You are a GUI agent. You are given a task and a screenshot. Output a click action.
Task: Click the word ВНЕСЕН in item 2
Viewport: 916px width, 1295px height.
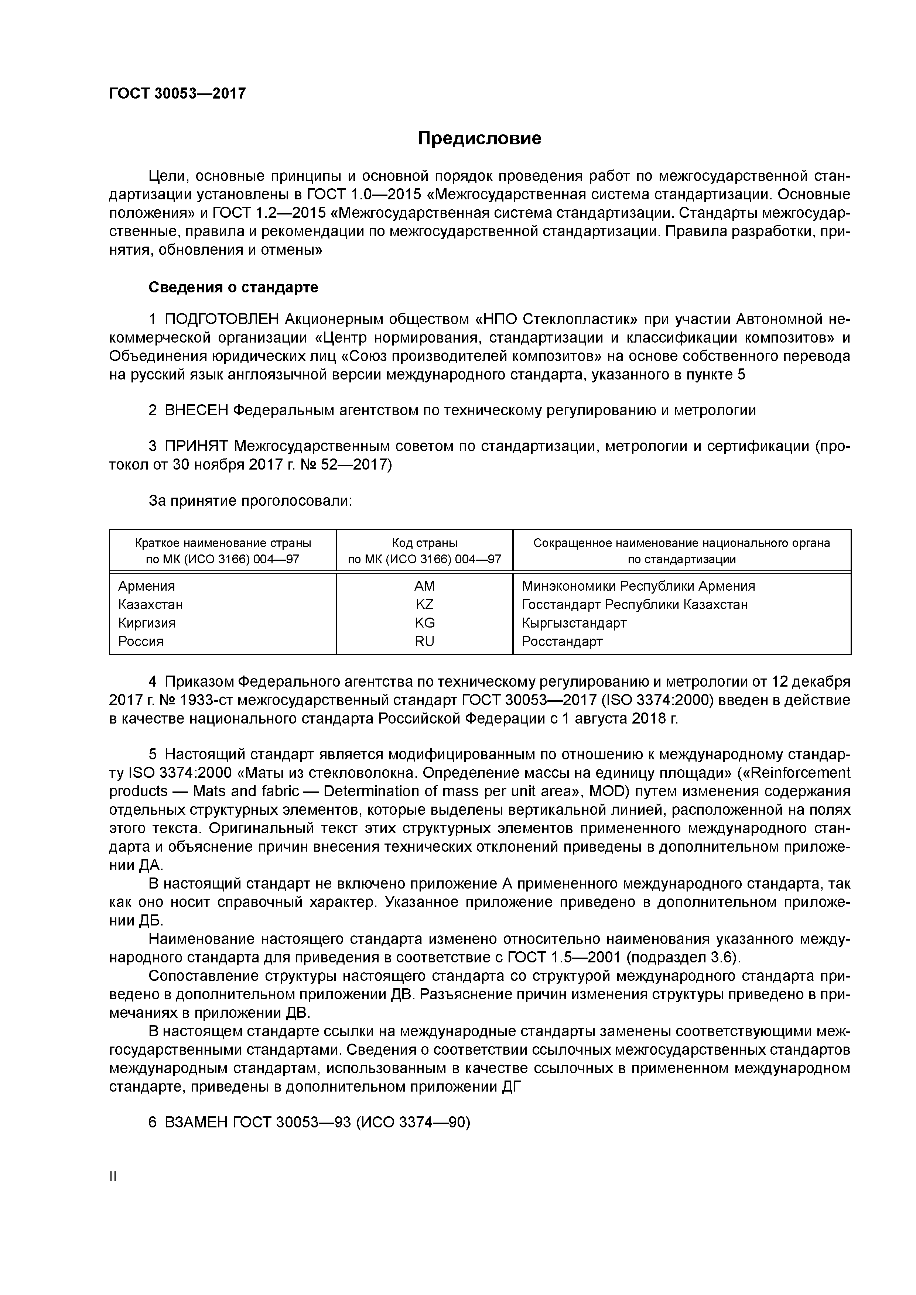point(196,410)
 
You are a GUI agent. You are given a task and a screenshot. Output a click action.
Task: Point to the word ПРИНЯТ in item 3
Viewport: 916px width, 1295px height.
point(196,446)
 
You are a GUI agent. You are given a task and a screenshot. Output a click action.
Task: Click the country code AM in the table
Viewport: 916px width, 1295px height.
point(424,586)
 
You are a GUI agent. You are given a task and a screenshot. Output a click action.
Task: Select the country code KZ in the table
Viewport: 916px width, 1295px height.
point(424,605)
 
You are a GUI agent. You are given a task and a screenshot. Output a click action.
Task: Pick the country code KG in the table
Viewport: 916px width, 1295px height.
point(424,623)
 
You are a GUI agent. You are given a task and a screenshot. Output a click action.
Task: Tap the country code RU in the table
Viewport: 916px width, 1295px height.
point(424,641)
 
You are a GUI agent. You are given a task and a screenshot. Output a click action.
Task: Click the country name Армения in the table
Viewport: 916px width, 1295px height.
point(147,586)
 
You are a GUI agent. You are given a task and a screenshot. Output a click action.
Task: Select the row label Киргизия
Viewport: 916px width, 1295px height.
point(147,623)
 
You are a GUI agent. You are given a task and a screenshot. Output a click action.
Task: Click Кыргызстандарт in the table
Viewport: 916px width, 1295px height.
point(574,623)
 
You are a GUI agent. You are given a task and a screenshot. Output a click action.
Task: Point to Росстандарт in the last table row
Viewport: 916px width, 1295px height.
point(562,641)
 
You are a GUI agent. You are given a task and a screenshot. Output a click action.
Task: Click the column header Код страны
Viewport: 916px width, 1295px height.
point(424,543)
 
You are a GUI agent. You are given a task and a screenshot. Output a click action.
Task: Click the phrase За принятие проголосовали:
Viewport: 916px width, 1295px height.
point(250,501)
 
